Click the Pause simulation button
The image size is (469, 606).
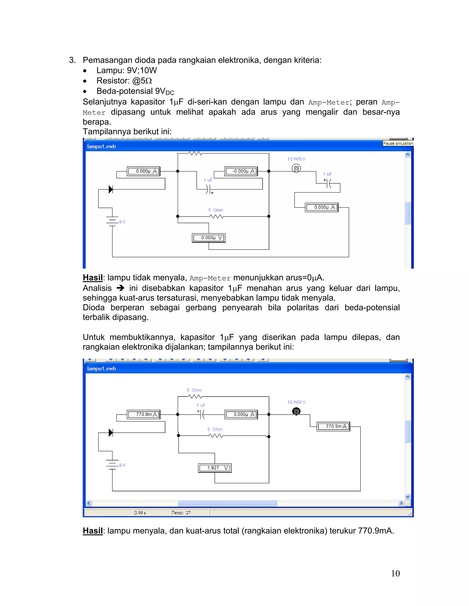tap(398, 143)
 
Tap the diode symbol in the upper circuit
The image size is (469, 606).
tap(111, 190)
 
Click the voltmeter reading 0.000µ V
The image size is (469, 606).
tap(209, 238)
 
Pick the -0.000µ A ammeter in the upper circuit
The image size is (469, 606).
tap(241, 171)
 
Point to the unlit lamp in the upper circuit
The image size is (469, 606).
tap(296, 168)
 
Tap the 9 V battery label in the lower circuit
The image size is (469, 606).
tap(122, 465)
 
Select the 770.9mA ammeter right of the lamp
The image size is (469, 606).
tap(333, 426)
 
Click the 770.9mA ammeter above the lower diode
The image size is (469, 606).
tap(144, 415)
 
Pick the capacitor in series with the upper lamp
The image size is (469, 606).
tap(329, 183)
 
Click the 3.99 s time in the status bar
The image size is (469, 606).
tap(140, 513)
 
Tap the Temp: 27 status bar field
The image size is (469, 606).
tap(181, 513)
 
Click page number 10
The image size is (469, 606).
tap(395, 573)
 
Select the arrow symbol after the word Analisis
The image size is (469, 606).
tap(120, 288)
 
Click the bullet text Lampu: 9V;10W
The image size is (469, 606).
tap(126, 70)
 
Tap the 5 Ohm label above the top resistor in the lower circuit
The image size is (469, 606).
tap(194, 390)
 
